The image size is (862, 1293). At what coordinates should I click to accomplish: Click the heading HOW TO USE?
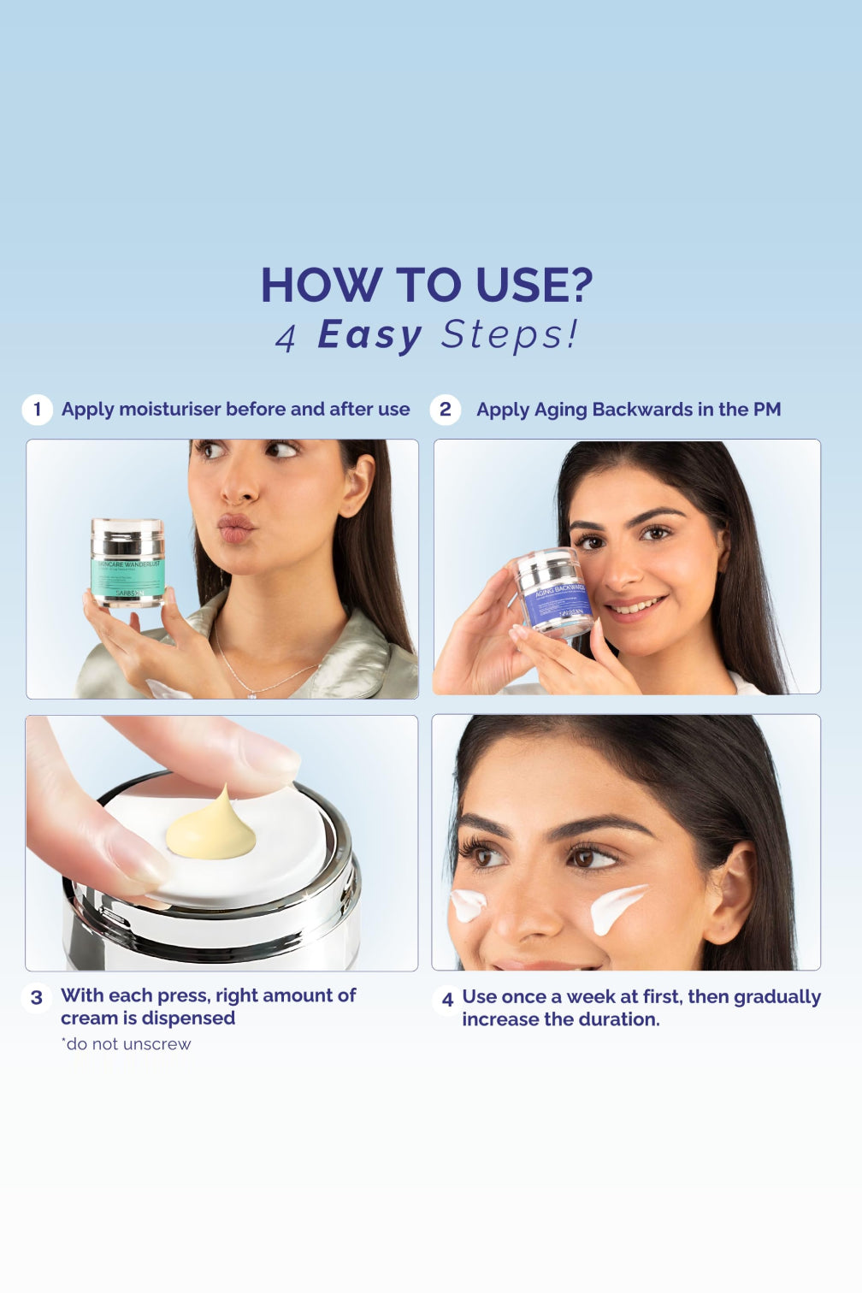[427, 285]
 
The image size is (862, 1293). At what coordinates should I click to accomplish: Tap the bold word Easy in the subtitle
[369, 334]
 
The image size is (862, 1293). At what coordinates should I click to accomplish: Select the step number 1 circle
[37, 410]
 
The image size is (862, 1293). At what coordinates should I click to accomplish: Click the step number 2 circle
[445, 410]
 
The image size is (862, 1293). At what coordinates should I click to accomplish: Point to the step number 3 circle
[37, 997]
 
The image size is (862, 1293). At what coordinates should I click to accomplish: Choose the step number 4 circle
[446, 999]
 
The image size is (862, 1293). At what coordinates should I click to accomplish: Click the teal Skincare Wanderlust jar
[127, 564]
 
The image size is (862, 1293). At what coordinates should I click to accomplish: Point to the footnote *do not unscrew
[126, 1044]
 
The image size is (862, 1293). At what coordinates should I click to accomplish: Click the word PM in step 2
[766, 410]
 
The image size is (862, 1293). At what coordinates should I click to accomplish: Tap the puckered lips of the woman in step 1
[236, 528]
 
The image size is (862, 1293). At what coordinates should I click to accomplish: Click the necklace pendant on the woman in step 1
[251, 694]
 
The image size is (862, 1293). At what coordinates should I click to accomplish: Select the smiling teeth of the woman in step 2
[637, 608]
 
